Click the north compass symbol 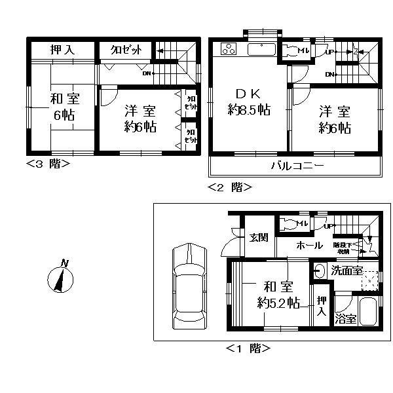click(59, 279)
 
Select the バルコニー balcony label click(297, 166)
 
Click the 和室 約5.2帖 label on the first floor click(278, 295)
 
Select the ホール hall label click(309, 246)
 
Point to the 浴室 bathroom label click(346, 319)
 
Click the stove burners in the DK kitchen click(230, 48)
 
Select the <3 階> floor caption click(48, 163)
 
